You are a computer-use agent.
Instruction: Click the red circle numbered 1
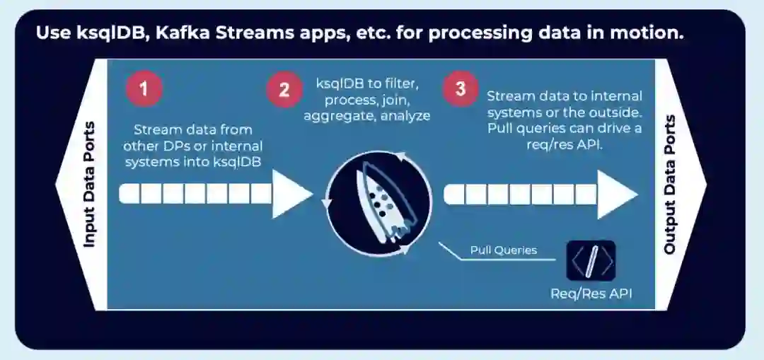[144, 89]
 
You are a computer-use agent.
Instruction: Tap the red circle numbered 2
[284, 90]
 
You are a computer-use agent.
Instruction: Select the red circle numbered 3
[461, 89]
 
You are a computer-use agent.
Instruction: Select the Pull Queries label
[504, 250]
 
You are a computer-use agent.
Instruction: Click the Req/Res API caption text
[591, 294]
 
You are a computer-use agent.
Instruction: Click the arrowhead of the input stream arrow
[291, 192]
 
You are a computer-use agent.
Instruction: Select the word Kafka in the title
[188, 33]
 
